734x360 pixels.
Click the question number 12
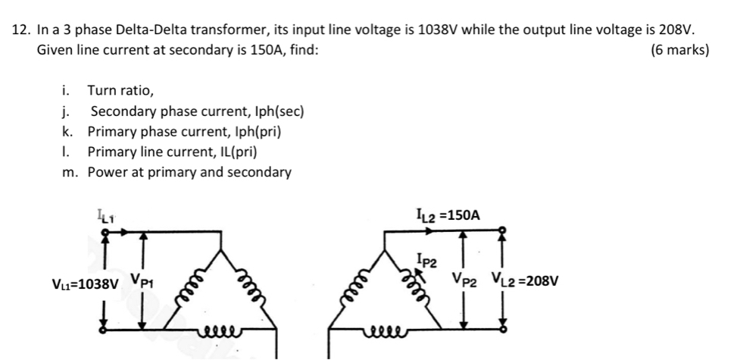(x=23, y=30)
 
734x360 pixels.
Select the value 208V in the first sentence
(x=677, y=30)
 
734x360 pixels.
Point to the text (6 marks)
(x=680, y=50)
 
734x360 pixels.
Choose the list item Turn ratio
(x=120, y=91)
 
